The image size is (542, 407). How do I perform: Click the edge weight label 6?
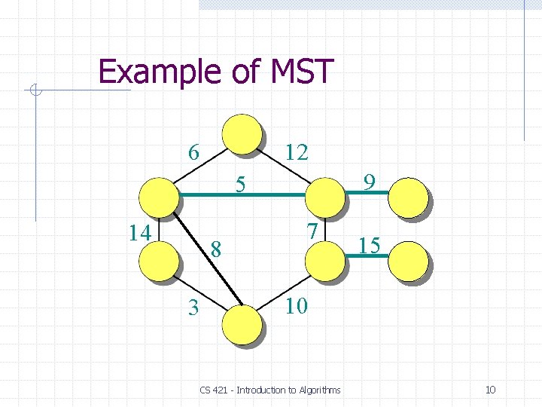(x=193, y=153)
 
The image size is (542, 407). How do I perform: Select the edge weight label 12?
(x=297, y=153)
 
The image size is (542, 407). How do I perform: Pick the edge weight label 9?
(x=369, y=182)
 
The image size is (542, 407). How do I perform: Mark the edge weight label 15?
(x=368, y=246)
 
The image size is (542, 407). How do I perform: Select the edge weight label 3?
(x=194, y=308)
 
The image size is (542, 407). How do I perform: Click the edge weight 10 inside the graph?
(x=297, y=306)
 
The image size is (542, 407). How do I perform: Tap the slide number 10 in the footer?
(x=490, y=390)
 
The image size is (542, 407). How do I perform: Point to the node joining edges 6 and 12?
(x=242, y=134)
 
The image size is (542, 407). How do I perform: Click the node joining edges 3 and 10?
(x=242, y=324)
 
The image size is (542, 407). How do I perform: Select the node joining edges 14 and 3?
(x=160, y=260)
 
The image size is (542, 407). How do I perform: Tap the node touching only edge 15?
(x=409, y=260)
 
